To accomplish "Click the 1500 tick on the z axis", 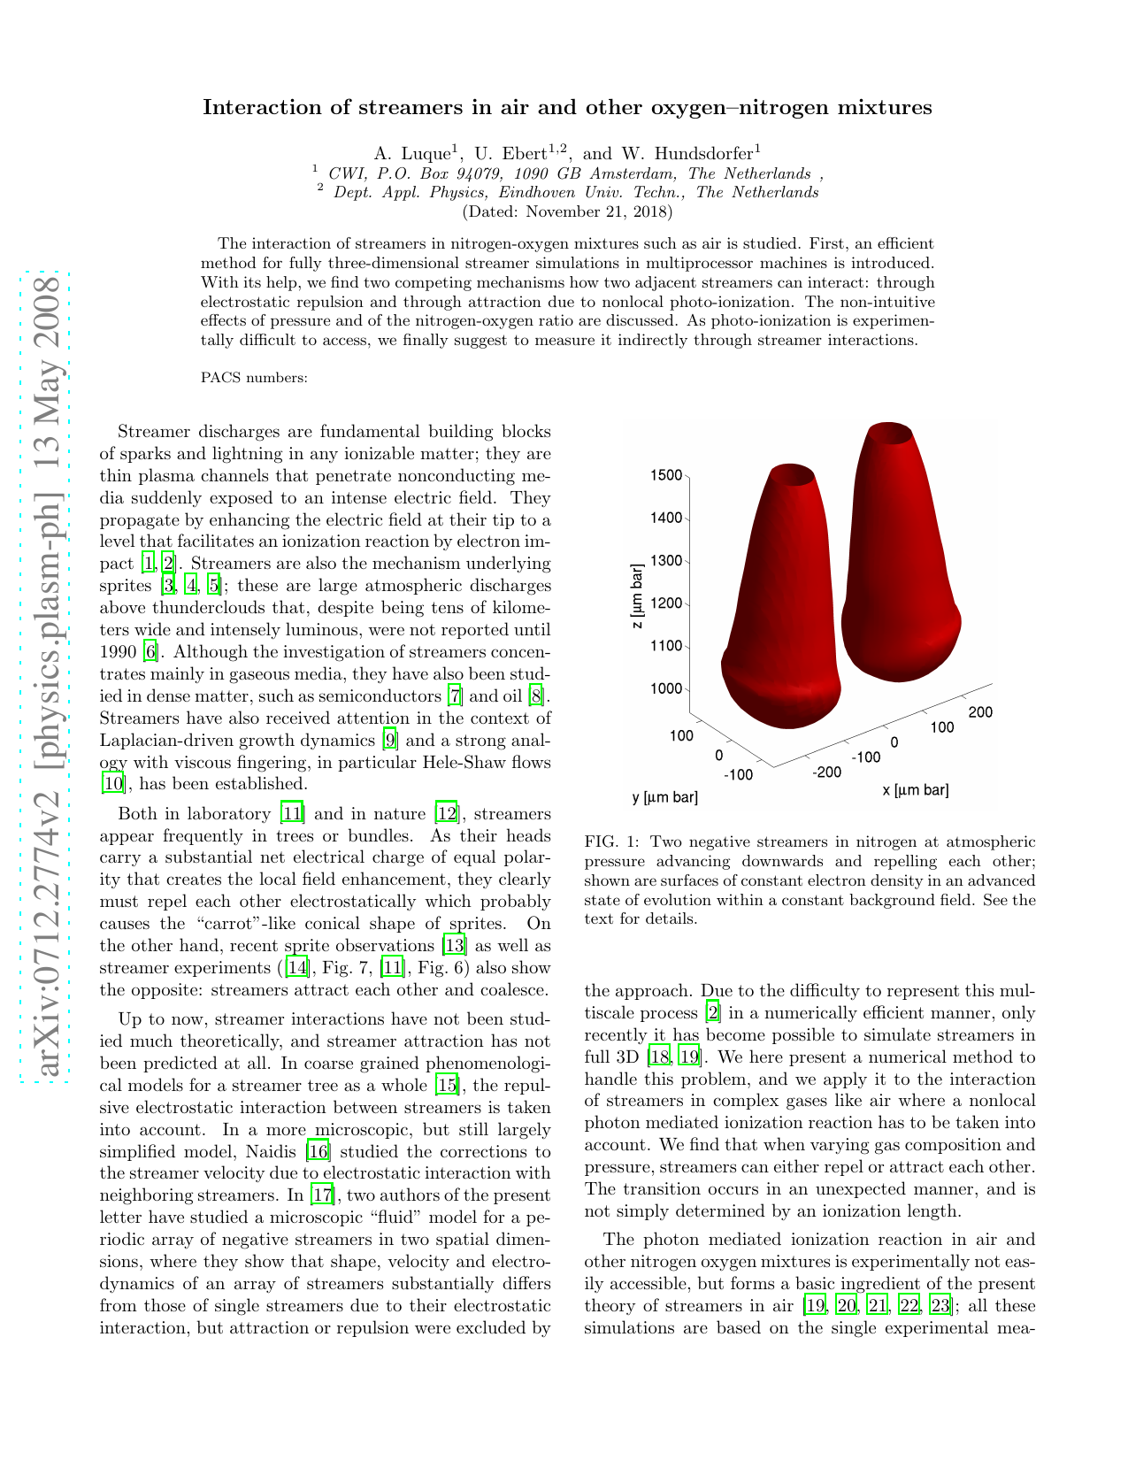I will click(665, 475).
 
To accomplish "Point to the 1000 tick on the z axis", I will click(665, 688).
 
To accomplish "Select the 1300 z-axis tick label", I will click(665, 561).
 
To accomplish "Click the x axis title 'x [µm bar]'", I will click(915, 790).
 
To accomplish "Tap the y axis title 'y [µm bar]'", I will click(664, 797).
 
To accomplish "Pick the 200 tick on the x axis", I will click(980, 711).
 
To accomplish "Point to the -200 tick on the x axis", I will click(827, 772).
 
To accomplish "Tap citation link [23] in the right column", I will click(940, 1306).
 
